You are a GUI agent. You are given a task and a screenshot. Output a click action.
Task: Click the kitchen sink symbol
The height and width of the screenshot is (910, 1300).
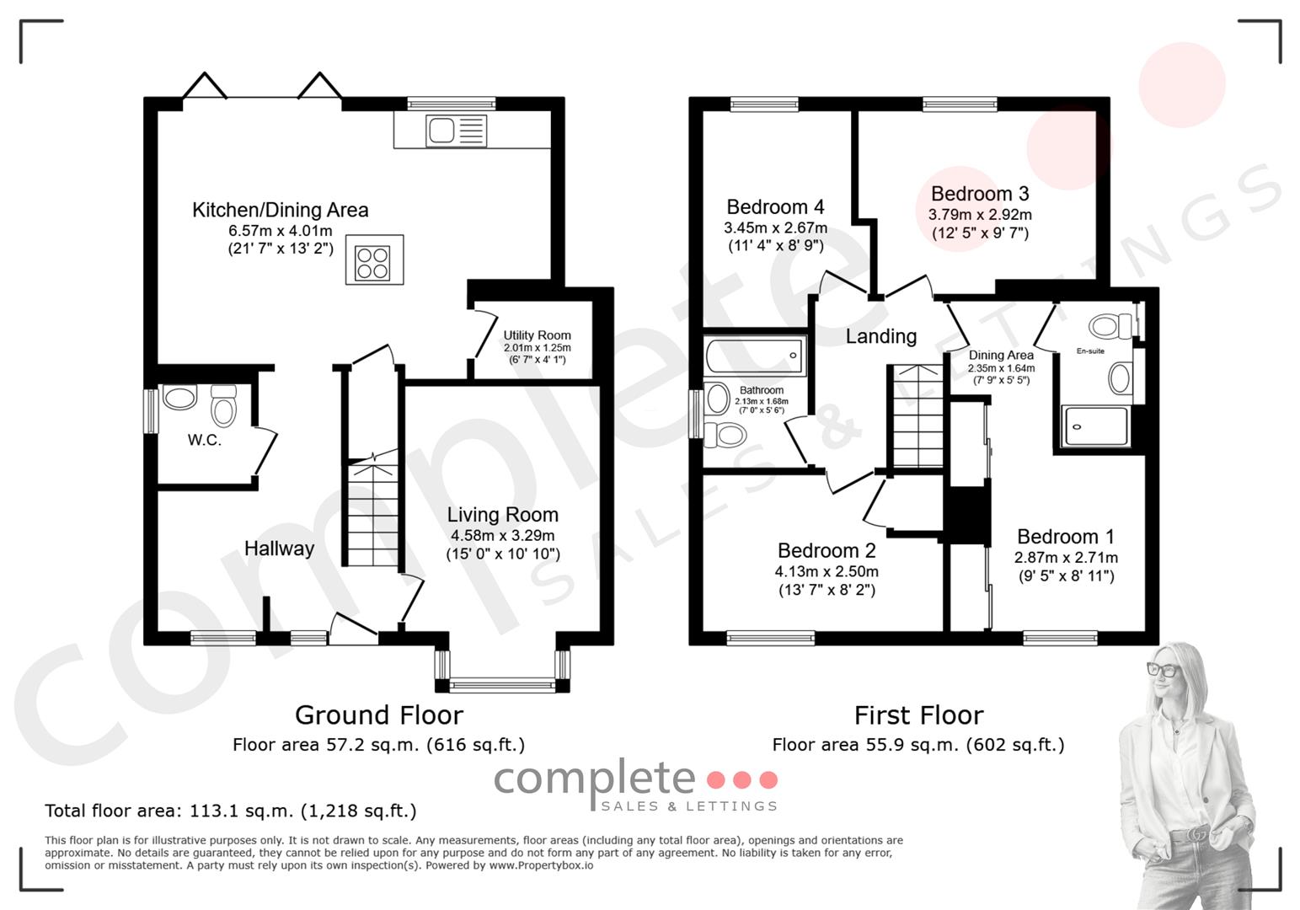456,131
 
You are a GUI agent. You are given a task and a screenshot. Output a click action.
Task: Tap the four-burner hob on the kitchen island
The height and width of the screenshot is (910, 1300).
372,263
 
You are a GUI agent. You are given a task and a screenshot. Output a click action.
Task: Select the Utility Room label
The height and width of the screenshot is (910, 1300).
537,335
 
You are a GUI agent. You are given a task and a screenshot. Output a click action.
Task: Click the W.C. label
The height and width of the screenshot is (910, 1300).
204,439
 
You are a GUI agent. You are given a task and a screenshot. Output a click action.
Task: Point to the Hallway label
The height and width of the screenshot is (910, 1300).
279,548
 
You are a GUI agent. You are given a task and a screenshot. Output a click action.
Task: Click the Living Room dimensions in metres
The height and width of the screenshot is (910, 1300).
503,535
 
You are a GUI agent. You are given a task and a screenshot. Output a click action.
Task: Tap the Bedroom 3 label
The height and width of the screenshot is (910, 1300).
980,193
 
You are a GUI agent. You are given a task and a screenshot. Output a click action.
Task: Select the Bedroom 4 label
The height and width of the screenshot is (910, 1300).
775,206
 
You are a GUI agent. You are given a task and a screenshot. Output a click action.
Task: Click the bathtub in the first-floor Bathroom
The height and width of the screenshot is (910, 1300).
755,356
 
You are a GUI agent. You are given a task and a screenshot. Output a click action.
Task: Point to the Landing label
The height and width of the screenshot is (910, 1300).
881,336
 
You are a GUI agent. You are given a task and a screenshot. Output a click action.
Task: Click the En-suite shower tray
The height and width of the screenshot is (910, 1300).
1095,426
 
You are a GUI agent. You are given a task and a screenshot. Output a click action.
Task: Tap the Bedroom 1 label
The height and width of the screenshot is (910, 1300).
1066,536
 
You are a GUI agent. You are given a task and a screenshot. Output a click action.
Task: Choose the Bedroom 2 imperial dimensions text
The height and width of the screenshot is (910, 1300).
827,590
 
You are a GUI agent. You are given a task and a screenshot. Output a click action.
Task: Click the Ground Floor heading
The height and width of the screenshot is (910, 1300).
379,715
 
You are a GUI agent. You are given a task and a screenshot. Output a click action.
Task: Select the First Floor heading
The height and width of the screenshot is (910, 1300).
918,715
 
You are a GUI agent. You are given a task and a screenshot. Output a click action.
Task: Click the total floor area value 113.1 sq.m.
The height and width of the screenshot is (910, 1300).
241,811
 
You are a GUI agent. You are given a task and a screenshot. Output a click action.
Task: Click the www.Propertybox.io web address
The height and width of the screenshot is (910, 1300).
541,865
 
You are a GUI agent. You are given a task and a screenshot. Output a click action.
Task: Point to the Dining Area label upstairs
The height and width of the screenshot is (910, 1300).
1001,355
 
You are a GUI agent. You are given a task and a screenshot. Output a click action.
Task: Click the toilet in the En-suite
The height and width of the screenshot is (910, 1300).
1110,326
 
